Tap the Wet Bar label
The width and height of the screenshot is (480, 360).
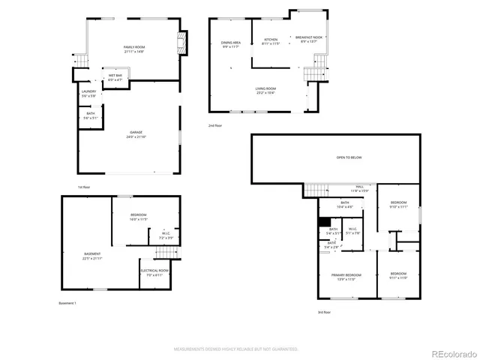(115, 76)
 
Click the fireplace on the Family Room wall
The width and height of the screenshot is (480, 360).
(181, 43)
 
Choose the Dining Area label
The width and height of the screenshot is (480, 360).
(231, 44)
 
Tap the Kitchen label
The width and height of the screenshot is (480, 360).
(271, 41)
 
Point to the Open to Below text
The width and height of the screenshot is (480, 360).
(349, 157)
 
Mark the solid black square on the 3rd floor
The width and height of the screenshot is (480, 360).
(324, 222)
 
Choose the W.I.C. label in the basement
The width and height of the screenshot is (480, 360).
(166, 235)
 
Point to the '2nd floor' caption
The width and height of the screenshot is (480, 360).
(215, 126)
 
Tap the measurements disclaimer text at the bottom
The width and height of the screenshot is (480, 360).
(236, 349)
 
